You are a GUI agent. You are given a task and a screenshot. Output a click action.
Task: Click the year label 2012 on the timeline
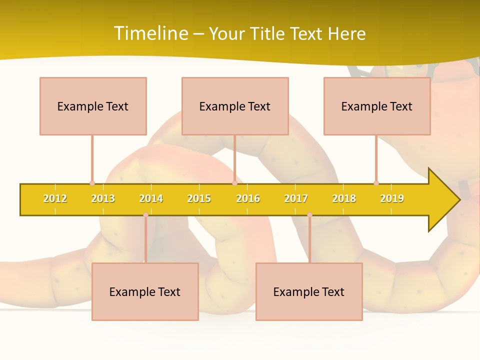[55, 198]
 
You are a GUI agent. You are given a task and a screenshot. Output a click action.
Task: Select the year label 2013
[103, 198]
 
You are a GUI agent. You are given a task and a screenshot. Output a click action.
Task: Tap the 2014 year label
[151, 198]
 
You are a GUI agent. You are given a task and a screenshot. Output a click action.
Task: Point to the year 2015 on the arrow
[199, 198]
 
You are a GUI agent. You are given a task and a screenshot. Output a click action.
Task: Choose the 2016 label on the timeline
[248, 198]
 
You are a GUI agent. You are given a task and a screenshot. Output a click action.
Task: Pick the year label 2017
[296, 198]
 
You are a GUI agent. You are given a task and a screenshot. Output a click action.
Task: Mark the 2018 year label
[344, 198]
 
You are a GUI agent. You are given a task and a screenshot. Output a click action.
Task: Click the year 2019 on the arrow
[392, 198]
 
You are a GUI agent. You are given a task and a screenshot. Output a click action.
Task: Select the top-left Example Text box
[93, 106]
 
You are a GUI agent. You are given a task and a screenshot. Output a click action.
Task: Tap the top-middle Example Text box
[235, 106]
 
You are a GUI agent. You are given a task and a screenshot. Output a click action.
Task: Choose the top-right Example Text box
[377, 106]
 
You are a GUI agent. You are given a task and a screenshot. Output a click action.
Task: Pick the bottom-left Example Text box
[145, 291]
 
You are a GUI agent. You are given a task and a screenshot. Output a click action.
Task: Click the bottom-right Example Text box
[309, 291]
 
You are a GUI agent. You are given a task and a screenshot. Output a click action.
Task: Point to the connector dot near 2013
[92, 183]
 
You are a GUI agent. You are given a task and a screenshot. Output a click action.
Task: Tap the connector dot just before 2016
[234, 183]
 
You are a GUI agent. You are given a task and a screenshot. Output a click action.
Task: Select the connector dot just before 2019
[376, 183]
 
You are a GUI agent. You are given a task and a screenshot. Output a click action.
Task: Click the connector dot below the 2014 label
[145, 215]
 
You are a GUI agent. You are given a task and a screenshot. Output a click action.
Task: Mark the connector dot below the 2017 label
[309, 215]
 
